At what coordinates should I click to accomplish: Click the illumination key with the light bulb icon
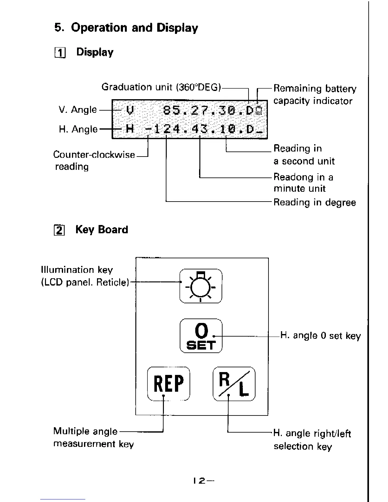pos(201,286)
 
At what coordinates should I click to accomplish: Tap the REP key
pos(169,383)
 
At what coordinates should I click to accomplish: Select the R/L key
pos(234,383)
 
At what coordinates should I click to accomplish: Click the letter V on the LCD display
pos(130,110)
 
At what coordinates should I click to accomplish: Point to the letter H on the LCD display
pos(130,129)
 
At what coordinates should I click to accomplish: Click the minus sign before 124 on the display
pos(148,129)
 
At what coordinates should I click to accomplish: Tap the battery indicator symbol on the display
pos(259,110)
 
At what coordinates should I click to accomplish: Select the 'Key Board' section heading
pos(102,229)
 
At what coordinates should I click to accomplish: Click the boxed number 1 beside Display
pos(59,53)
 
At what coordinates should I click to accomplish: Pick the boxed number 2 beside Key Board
pos(59,230)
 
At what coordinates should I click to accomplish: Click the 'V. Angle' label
pos(78,110)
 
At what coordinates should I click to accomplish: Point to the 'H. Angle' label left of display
pos(78,129)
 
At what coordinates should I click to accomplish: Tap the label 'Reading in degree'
pos(314,202)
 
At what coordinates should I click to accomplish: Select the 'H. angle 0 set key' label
pos(320,336)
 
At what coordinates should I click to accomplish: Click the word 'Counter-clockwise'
pos(94,155)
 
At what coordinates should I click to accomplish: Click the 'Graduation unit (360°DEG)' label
pos(161,87)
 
